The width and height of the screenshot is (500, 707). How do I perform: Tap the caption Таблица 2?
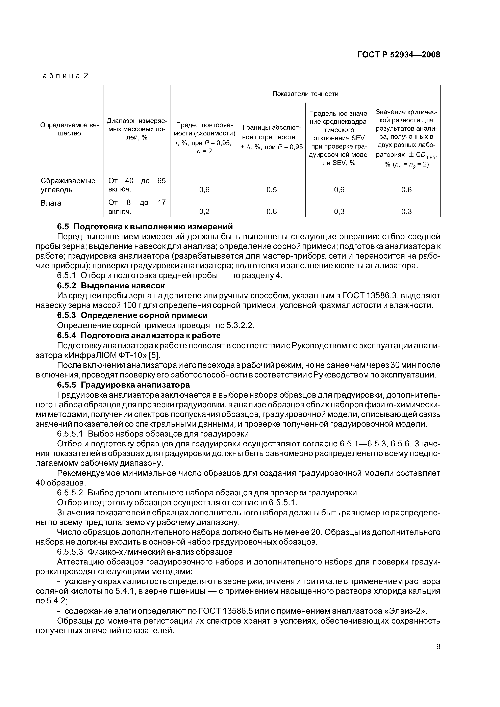(62, 76)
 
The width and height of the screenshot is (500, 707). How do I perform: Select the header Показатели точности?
(305, 94)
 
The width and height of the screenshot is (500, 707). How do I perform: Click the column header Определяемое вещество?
(69, 129)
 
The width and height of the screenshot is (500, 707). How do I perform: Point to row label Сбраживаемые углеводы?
(68, 185)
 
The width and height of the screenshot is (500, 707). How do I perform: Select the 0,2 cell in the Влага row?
(204, 211)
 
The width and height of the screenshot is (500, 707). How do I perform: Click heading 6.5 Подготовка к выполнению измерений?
(145, 227)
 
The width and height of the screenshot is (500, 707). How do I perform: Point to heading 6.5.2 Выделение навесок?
(111, 285)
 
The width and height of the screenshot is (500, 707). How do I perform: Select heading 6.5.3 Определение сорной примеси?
(132, 315)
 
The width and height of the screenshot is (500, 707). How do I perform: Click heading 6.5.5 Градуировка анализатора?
(123, 385)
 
